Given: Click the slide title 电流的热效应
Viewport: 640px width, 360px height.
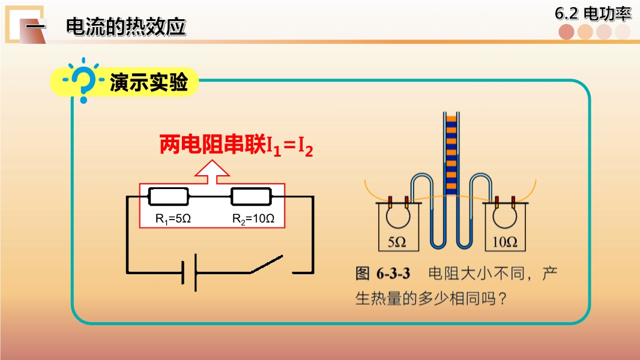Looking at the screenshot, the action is point(126,27).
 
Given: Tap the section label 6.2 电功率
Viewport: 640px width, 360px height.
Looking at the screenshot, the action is point(593,13).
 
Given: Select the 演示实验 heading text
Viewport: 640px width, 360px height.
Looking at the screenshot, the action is point(149,82).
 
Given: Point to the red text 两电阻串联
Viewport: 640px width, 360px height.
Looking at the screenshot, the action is point(213,144).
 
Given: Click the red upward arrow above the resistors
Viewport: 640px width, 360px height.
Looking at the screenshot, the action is point(212,172).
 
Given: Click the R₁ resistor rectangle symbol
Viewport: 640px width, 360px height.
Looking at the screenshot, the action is point(168,197).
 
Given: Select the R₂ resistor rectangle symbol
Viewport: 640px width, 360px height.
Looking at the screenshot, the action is point(251,197).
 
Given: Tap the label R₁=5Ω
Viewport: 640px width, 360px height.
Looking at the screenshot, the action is point(173,219).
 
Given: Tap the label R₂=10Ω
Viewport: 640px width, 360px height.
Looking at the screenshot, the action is point(253,219).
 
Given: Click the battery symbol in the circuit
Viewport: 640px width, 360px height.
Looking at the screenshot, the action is point(189,272).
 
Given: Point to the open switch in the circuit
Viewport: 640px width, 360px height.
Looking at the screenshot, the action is point(267,264).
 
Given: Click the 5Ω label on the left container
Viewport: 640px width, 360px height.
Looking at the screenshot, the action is point(397,242).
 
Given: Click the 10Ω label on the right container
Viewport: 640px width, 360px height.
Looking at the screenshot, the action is point(505,242).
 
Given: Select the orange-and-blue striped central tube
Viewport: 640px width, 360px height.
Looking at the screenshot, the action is point(451,155).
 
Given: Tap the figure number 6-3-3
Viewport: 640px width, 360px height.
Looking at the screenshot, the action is point(393,273).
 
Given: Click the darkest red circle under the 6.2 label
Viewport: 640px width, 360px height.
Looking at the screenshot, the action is point(567,32).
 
